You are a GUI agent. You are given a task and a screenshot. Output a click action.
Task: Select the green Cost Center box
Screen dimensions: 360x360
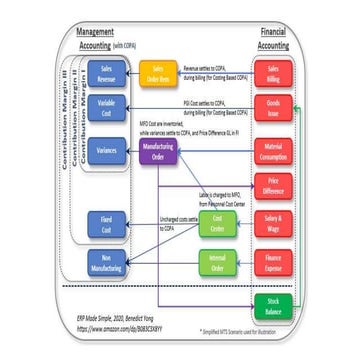216,222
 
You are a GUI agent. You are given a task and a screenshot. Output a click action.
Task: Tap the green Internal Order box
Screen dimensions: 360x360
216,263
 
